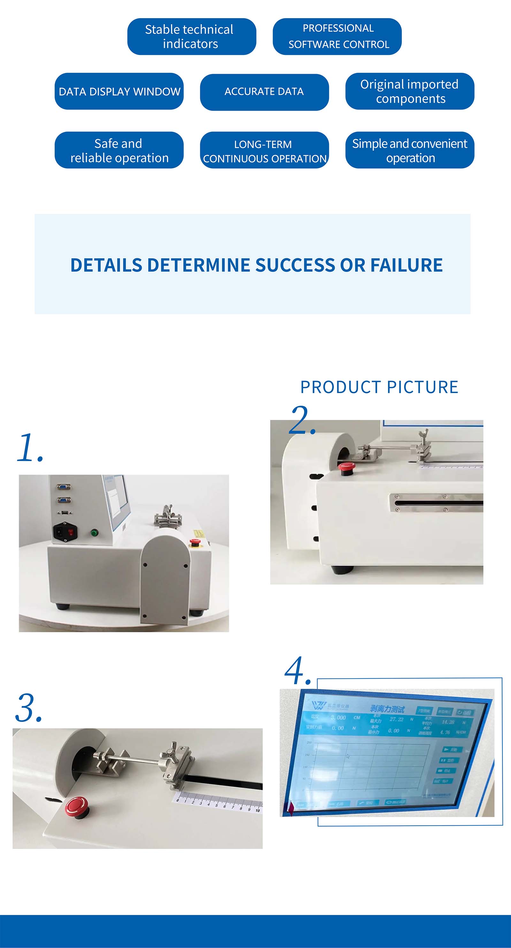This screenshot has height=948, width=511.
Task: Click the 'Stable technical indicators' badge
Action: point(191,36)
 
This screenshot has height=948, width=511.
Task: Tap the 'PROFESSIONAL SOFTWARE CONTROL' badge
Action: point(337,36)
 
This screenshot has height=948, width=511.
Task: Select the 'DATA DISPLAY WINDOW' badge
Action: point(119,91)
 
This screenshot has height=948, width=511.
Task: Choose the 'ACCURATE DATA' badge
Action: point(264,92)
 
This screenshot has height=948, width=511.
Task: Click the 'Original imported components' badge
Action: point(409,91)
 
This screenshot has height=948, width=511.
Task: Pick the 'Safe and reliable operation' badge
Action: point(119,150)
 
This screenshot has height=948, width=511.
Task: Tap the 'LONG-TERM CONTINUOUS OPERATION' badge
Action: point(264,150)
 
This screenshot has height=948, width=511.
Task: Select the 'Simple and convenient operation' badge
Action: point(409,150)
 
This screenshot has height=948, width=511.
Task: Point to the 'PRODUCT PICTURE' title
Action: point(379,387)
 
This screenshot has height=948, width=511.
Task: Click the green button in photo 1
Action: point(94,533)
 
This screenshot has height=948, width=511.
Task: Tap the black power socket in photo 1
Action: point(65,532)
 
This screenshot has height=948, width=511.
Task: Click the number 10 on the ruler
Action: point(257,811)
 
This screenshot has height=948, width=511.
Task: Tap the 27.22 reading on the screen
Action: point(396,719)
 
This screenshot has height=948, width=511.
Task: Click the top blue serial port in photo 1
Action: point(64,487)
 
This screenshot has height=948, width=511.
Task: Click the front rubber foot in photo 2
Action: point(342,570)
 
